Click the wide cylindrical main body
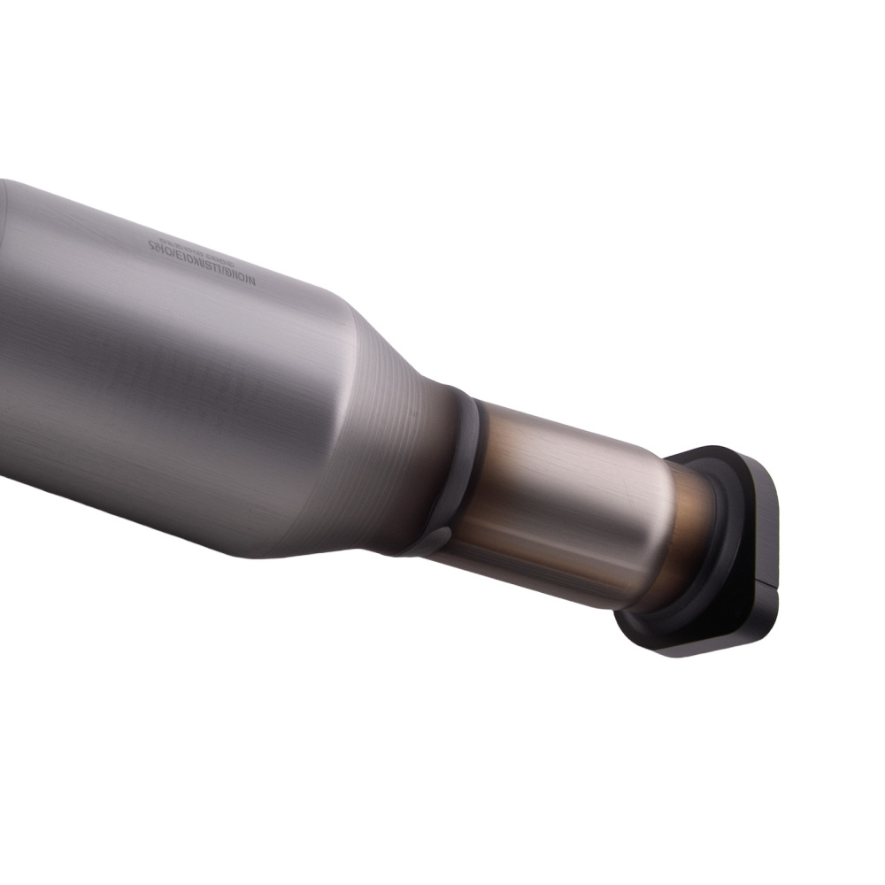(x=159, y=372)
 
